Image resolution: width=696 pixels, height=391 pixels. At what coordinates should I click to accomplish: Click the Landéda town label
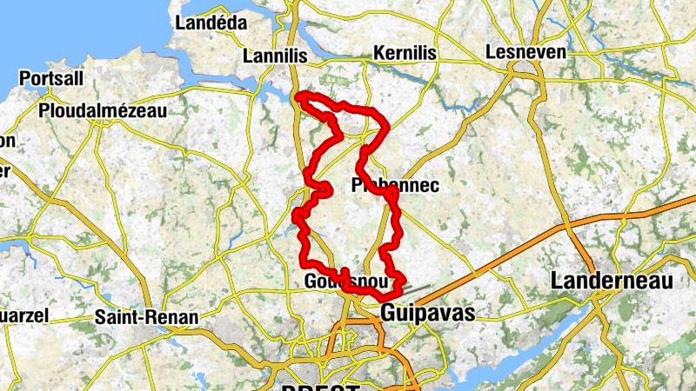pos(211,23)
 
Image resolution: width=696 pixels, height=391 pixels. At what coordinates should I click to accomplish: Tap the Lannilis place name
pos(276,56)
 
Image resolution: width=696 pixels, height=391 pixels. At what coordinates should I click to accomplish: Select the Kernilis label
pos(405,54)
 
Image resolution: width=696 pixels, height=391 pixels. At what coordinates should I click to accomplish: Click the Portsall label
pos(51,78)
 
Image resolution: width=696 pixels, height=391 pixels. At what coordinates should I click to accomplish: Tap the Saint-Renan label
pos(146,317)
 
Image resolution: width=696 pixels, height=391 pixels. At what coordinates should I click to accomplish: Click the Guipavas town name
pos(428,313)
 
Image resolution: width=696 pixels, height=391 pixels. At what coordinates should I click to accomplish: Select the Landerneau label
pos(612,281)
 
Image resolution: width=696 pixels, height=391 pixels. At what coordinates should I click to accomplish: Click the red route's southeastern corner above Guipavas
pos(403,280)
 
